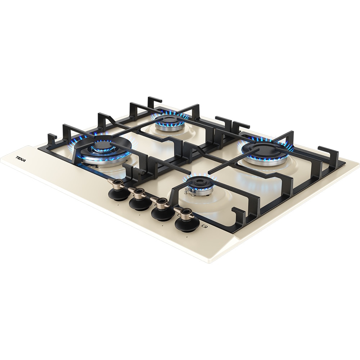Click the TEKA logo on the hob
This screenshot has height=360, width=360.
[x=21, y=159]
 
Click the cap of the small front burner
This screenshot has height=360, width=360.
[x=198, y=183]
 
